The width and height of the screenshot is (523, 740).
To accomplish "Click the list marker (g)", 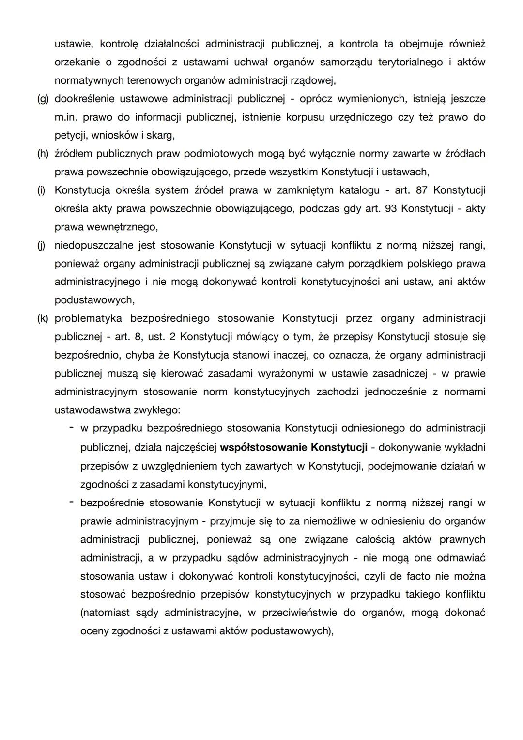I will coord(43,99).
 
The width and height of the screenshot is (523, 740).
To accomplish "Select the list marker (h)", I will coord(43,154).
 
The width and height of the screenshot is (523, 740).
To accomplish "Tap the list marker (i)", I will coord(42,190).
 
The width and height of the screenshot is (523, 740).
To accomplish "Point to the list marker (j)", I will coord(42,245).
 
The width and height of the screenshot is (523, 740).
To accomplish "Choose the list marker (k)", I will coord(43,318).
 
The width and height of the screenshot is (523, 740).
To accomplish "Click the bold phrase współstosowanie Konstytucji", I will coord(293,447).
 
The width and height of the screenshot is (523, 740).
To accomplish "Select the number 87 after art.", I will coord(422,190).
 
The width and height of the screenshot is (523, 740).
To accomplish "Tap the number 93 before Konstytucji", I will coord(390,209).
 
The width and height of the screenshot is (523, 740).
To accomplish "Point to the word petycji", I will coord(68,135).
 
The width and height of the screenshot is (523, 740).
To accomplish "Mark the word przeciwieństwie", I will coord(300,613).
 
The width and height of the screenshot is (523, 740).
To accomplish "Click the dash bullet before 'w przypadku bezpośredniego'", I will coord(71,428).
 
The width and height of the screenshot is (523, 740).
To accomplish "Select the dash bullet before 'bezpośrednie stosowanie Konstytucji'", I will coord(71,503).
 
